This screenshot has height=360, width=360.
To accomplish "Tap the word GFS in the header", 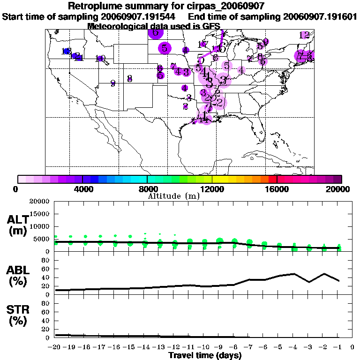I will pyautogui.click(x=210, y=26).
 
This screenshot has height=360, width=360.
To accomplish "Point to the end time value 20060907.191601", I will pyautogui.click(x=321, y=16).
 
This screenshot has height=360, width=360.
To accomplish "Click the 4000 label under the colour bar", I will pyautogui.click(x=82, y=189).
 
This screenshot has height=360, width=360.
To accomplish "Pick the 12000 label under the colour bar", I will pyautogui.click(x=212, y=189).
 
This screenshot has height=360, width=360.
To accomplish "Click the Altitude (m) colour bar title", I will pyautogui.click(x=173, y=195).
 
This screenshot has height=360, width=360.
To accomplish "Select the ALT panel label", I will pyautogui.click(x=19, y=220).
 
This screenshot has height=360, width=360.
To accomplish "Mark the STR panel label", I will pyautogui.click(x=19, y=310).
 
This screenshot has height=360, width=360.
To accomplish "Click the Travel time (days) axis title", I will pyautogui.click(x=205, y=356).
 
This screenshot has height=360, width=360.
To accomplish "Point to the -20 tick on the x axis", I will pyautogui.click(x=55, y=347).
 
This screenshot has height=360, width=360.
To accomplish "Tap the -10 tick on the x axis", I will pyautogui.click(x=204, y=347).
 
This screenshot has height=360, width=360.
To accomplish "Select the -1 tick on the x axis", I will pyautogui.click(x=337, y=347).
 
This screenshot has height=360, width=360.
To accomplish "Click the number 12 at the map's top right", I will pyautogui.click(x=304, y=35).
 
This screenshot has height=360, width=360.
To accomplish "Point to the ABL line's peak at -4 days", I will pyautogui.click(x=294, y=274).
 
